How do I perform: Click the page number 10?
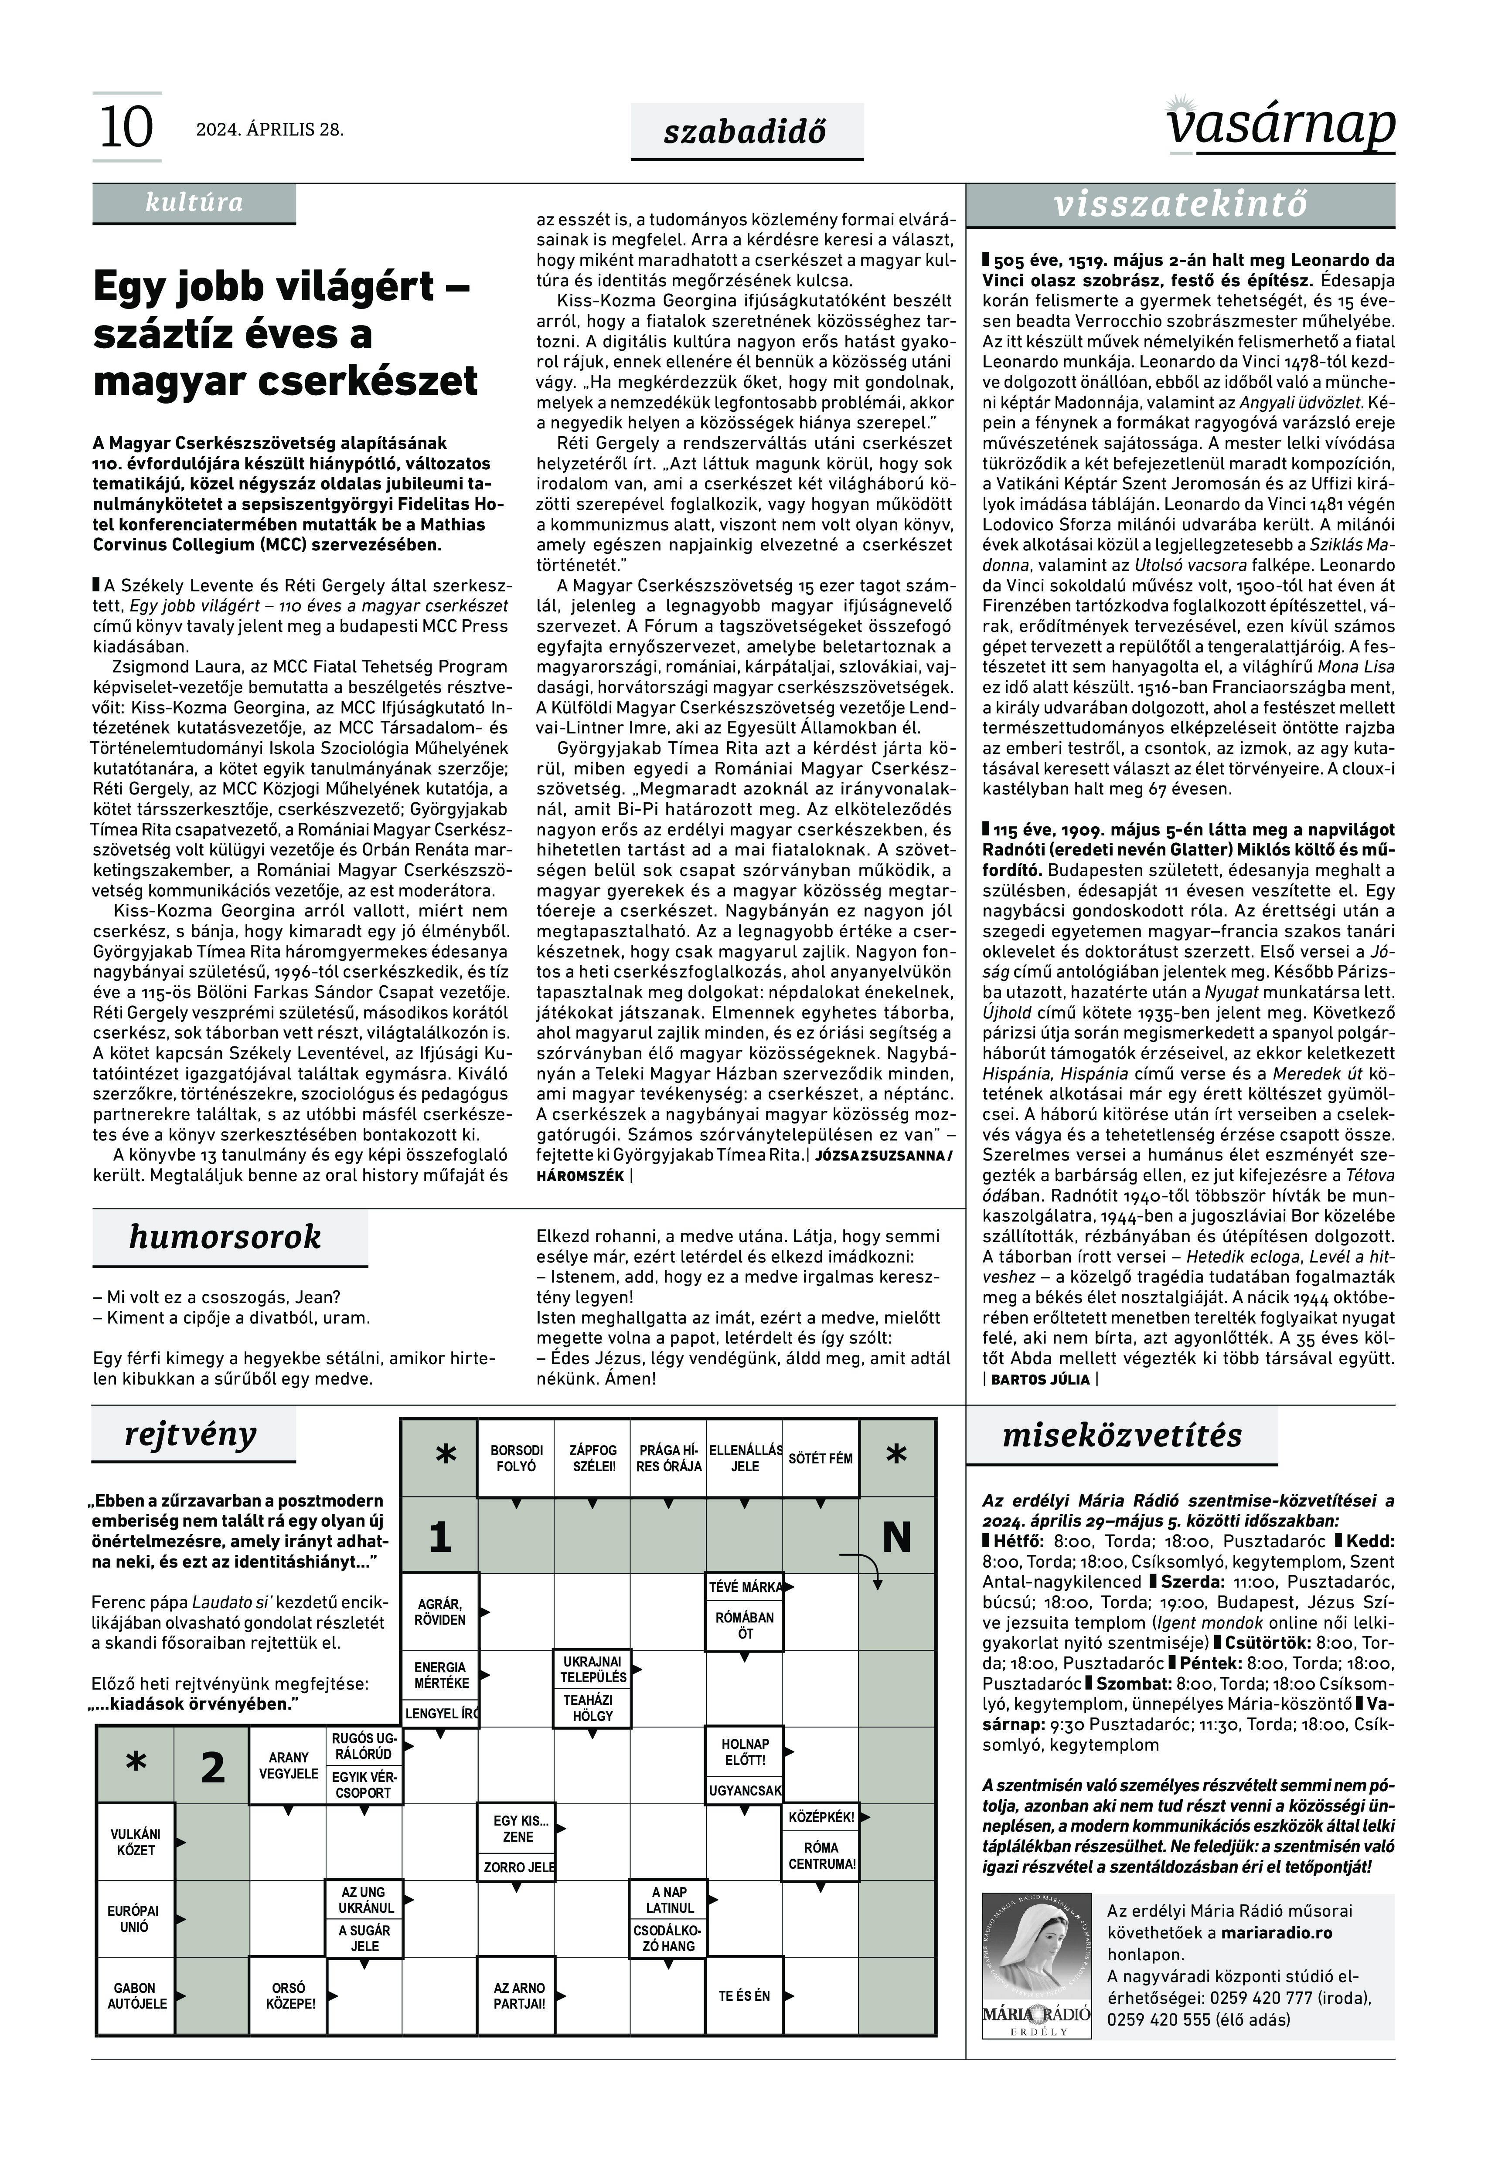[x=126, y=128]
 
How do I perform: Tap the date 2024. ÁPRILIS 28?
[x=269, y=129]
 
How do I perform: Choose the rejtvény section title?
[x=190, y=1434]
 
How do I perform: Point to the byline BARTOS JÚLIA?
[x=1039, y=1379]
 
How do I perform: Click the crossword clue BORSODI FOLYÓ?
[x=517, y=1459]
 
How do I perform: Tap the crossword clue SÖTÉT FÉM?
[x=821, y=1459]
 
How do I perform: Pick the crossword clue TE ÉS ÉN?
[x=744, y=1995]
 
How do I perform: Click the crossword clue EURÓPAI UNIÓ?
[x=134, y=1919]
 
